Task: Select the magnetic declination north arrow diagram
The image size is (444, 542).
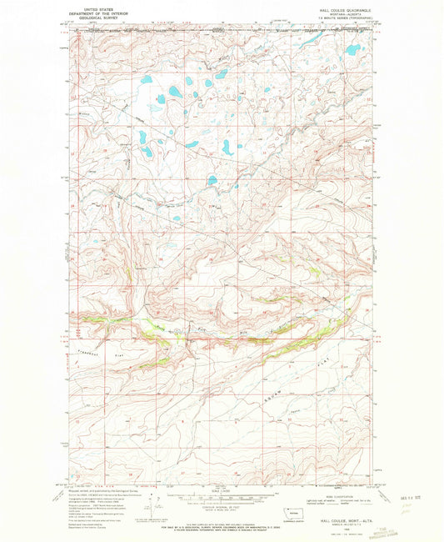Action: (x=125, y=504)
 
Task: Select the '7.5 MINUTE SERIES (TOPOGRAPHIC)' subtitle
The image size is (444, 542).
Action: (x=337, y=19)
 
